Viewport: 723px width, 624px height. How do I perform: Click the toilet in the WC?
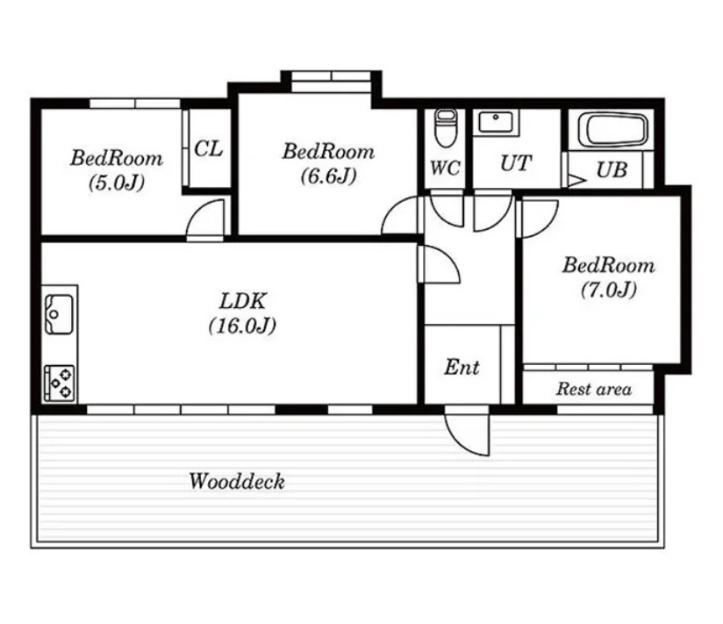click(446, 128)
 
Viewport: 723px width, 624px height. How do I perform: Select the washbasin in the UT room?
click(496, 122)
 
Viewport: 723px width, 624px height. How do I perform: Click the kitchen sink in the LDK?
click(59, 314)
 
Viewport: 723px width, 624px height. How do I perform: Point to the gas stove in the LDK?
click(60, 384)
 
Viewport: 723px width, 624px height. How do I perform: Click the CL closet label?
click(209, 148)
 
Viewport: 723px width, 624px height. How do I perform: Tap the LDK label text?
click(242, 301)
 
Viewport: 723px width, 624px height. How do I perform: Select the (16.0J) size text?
click(242, 326)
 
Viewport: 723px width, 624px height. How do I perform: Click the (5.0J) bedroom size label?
click(117, 183)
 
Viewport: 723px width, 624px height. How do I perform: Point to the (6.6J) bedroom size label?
click(328, 176)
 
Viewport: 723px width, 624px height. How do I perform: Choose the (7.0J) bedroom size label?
click(609, 290)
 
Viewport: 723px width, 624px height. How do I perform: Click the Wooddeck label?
click(237, 482)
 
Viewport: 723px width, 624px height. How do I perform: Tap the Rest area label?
click(594, 389)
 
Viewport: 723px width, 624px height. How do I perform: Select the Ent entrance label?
click(462, 367)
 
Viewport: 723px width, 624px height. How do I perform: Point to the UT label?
click(516, 163)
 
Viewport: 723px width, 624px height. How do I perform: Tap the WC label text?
click(445, 168)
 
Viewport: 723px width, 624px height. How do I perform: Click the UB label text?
click(612, 169)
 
